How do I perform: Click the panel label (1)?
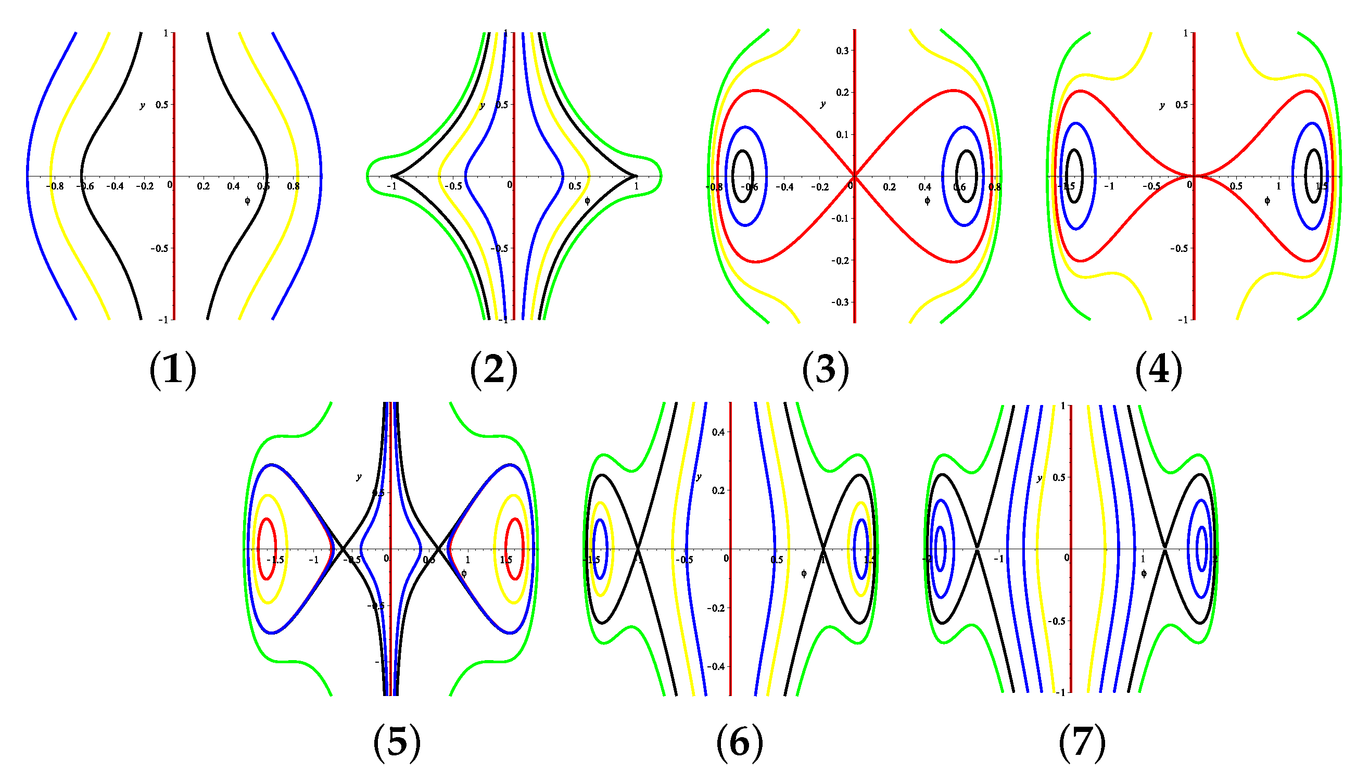172,370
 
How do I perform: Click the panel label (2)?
493,370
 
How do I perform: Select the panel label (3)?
825,370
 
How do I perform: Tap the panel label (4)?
1159,370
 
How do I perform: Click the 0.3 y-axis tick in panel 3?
842,50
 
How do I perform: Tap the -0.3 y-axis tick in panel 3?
840,302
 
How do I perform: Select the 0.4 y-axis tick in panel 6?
718,432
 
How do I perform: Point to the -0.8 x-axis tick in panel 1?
54,186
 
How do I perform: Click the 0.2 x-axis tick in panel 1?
203,186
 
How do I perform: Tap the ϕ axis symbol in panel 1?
247,201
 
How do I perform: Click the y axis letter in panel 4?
1162,105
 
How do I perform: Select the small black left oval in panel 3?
743,176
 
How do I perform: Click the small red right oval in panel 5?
515,549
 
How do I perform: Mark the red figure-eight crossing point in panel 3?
854,176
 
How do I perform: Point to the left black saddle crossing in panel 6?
638,549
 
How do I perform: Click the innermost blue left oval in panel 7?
941,549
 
